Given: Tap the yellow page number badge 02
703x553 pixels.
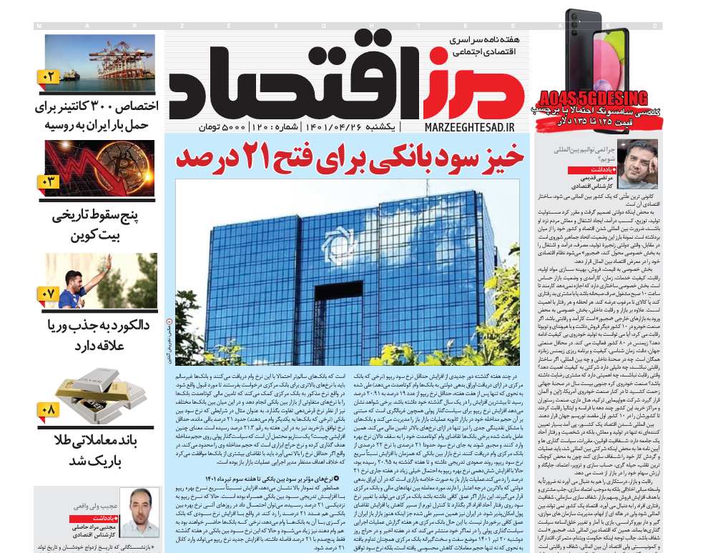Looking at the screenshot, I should (49, 76).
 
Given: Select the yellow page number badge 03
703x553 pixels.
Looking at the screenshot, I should (49, 181).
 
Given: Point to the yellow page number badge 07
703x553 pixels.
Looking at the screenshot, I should (49, 294).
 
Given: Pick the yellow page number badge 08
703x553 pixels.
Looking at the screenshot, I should (49, 409).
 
